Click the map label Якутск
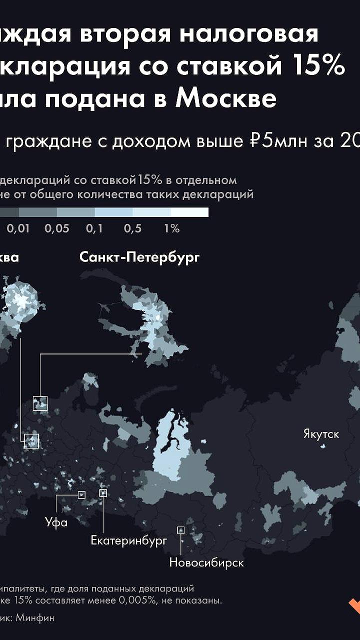pos(321,434)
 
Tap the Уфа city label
pos(56,523)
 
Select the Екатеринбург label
pos(128,540)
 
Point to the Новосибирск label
pos(206,562)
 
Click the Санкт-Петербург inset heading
pos(139,257)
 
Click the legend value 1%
pos(171,229)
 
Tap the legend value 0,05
pos(57,229)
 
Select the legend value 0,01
pos(18,229)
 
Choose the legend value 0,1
pos(94,229)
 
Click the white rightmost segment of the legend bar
pos(189,212)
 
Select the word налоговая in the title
pos(248,34)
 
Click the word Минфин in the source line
pos(34,618)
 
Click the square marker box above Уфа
pos(81,495)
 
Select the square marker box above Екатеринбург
pos(103,493)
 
